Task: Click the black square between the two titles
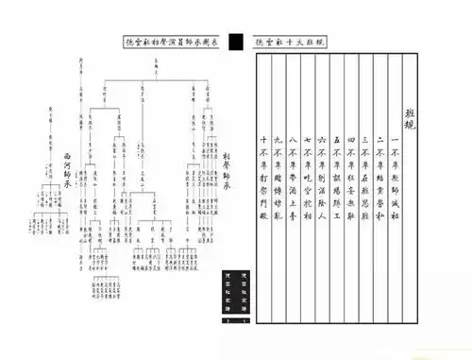tap(236, 42)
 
